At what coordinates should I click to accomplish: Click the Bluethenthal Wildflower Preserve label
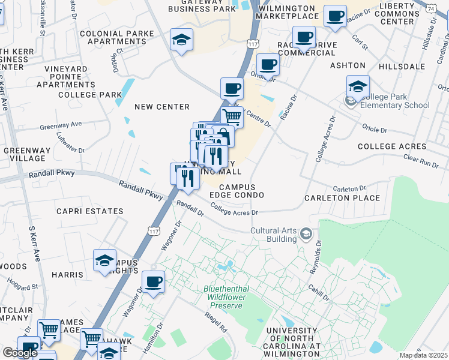227,297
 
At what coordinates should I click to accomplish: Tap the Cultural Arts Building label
274,235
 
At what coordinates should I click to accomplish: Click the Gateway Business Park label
202,5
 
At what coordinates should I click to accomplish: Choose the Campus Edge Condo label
237,191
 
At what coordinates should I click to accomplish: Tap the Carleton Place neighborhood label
342,198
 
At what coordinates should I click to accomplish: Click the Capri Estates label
90,211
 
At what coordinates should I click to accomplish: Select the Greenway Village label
24,155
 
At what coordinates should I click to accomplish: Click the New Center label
161,107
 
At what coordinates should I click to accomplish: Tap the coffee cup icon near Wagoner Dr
153,281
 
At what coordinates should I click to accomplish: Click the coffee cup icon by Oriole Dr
268,64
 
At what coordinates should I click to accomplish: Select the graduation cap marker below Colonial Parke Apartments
181,40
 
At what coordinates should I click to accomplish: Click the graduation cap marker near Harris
104,261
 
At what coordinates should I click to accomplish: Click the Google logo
20,353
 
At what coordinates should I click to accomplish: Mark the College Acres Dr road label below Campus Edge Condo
234,212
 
